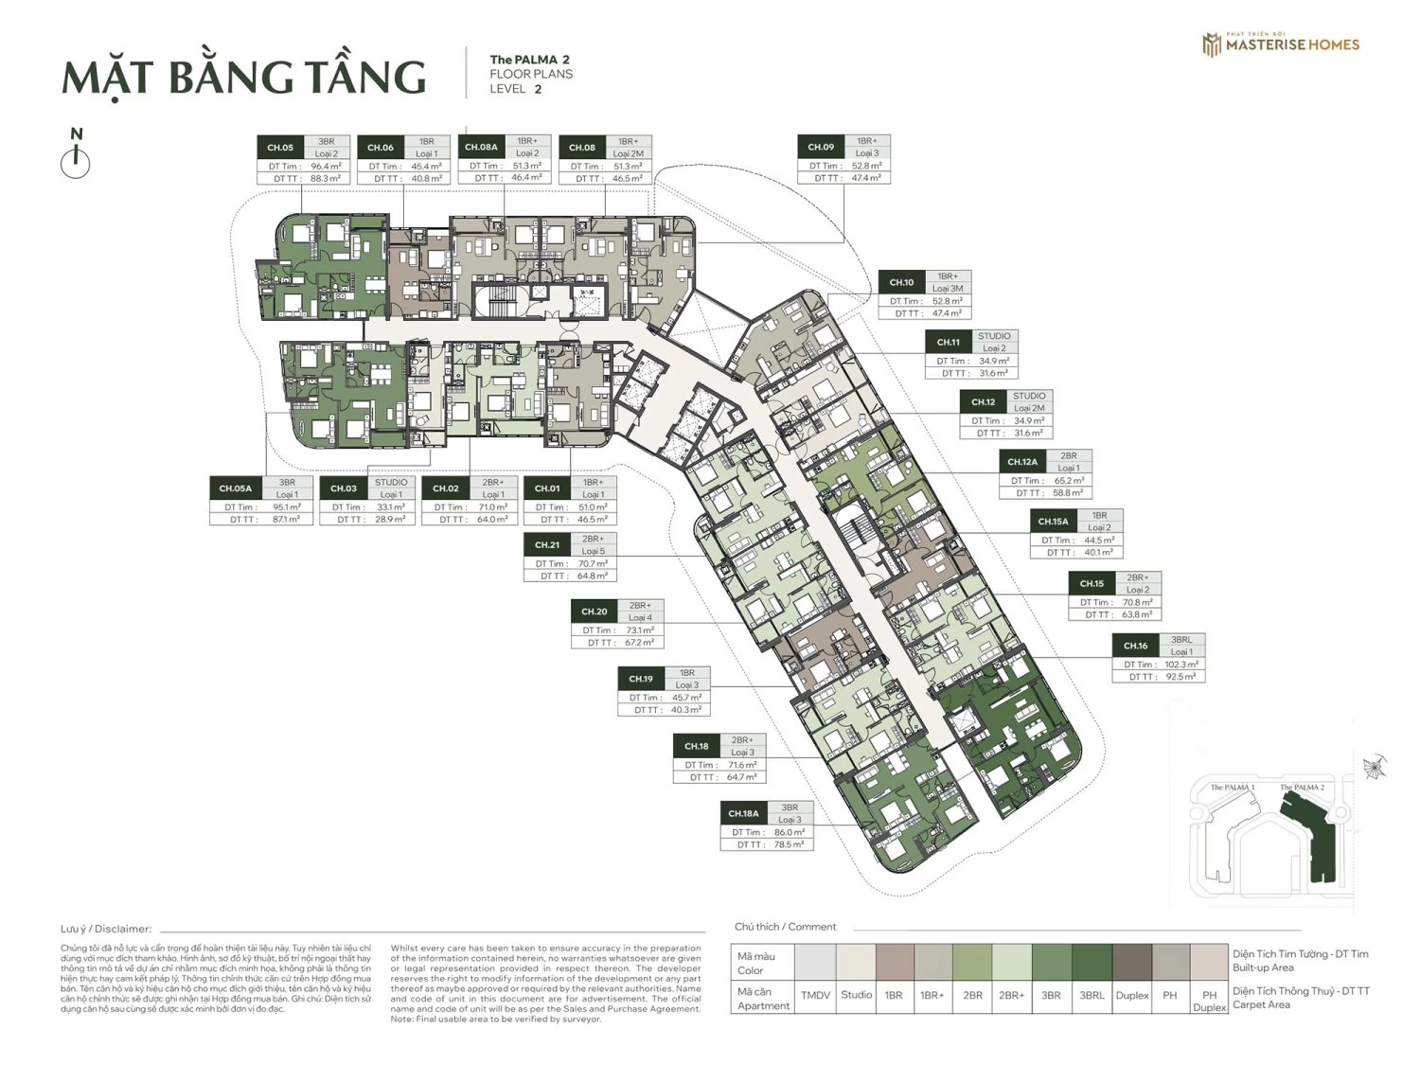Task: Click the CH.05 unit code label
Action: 280,148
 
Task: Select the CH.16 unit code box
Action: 1135,646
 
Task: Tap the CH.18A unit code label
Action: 743,813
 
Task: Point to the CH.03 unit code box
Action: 344,488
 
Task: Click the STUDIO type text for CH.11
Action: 994,336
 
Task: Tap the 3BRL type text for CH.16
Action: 1180,640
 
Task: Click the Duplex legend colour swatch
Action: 1132,961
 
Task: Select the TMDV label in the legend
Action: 815,996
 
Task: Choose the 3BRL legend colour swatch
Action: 1092,961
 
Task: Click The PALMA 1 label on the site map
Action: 1233,788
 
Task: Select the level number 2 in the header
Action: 538,90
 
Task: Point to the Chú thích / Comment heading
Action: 785,927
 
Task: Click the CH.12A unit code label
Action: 1021,462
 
